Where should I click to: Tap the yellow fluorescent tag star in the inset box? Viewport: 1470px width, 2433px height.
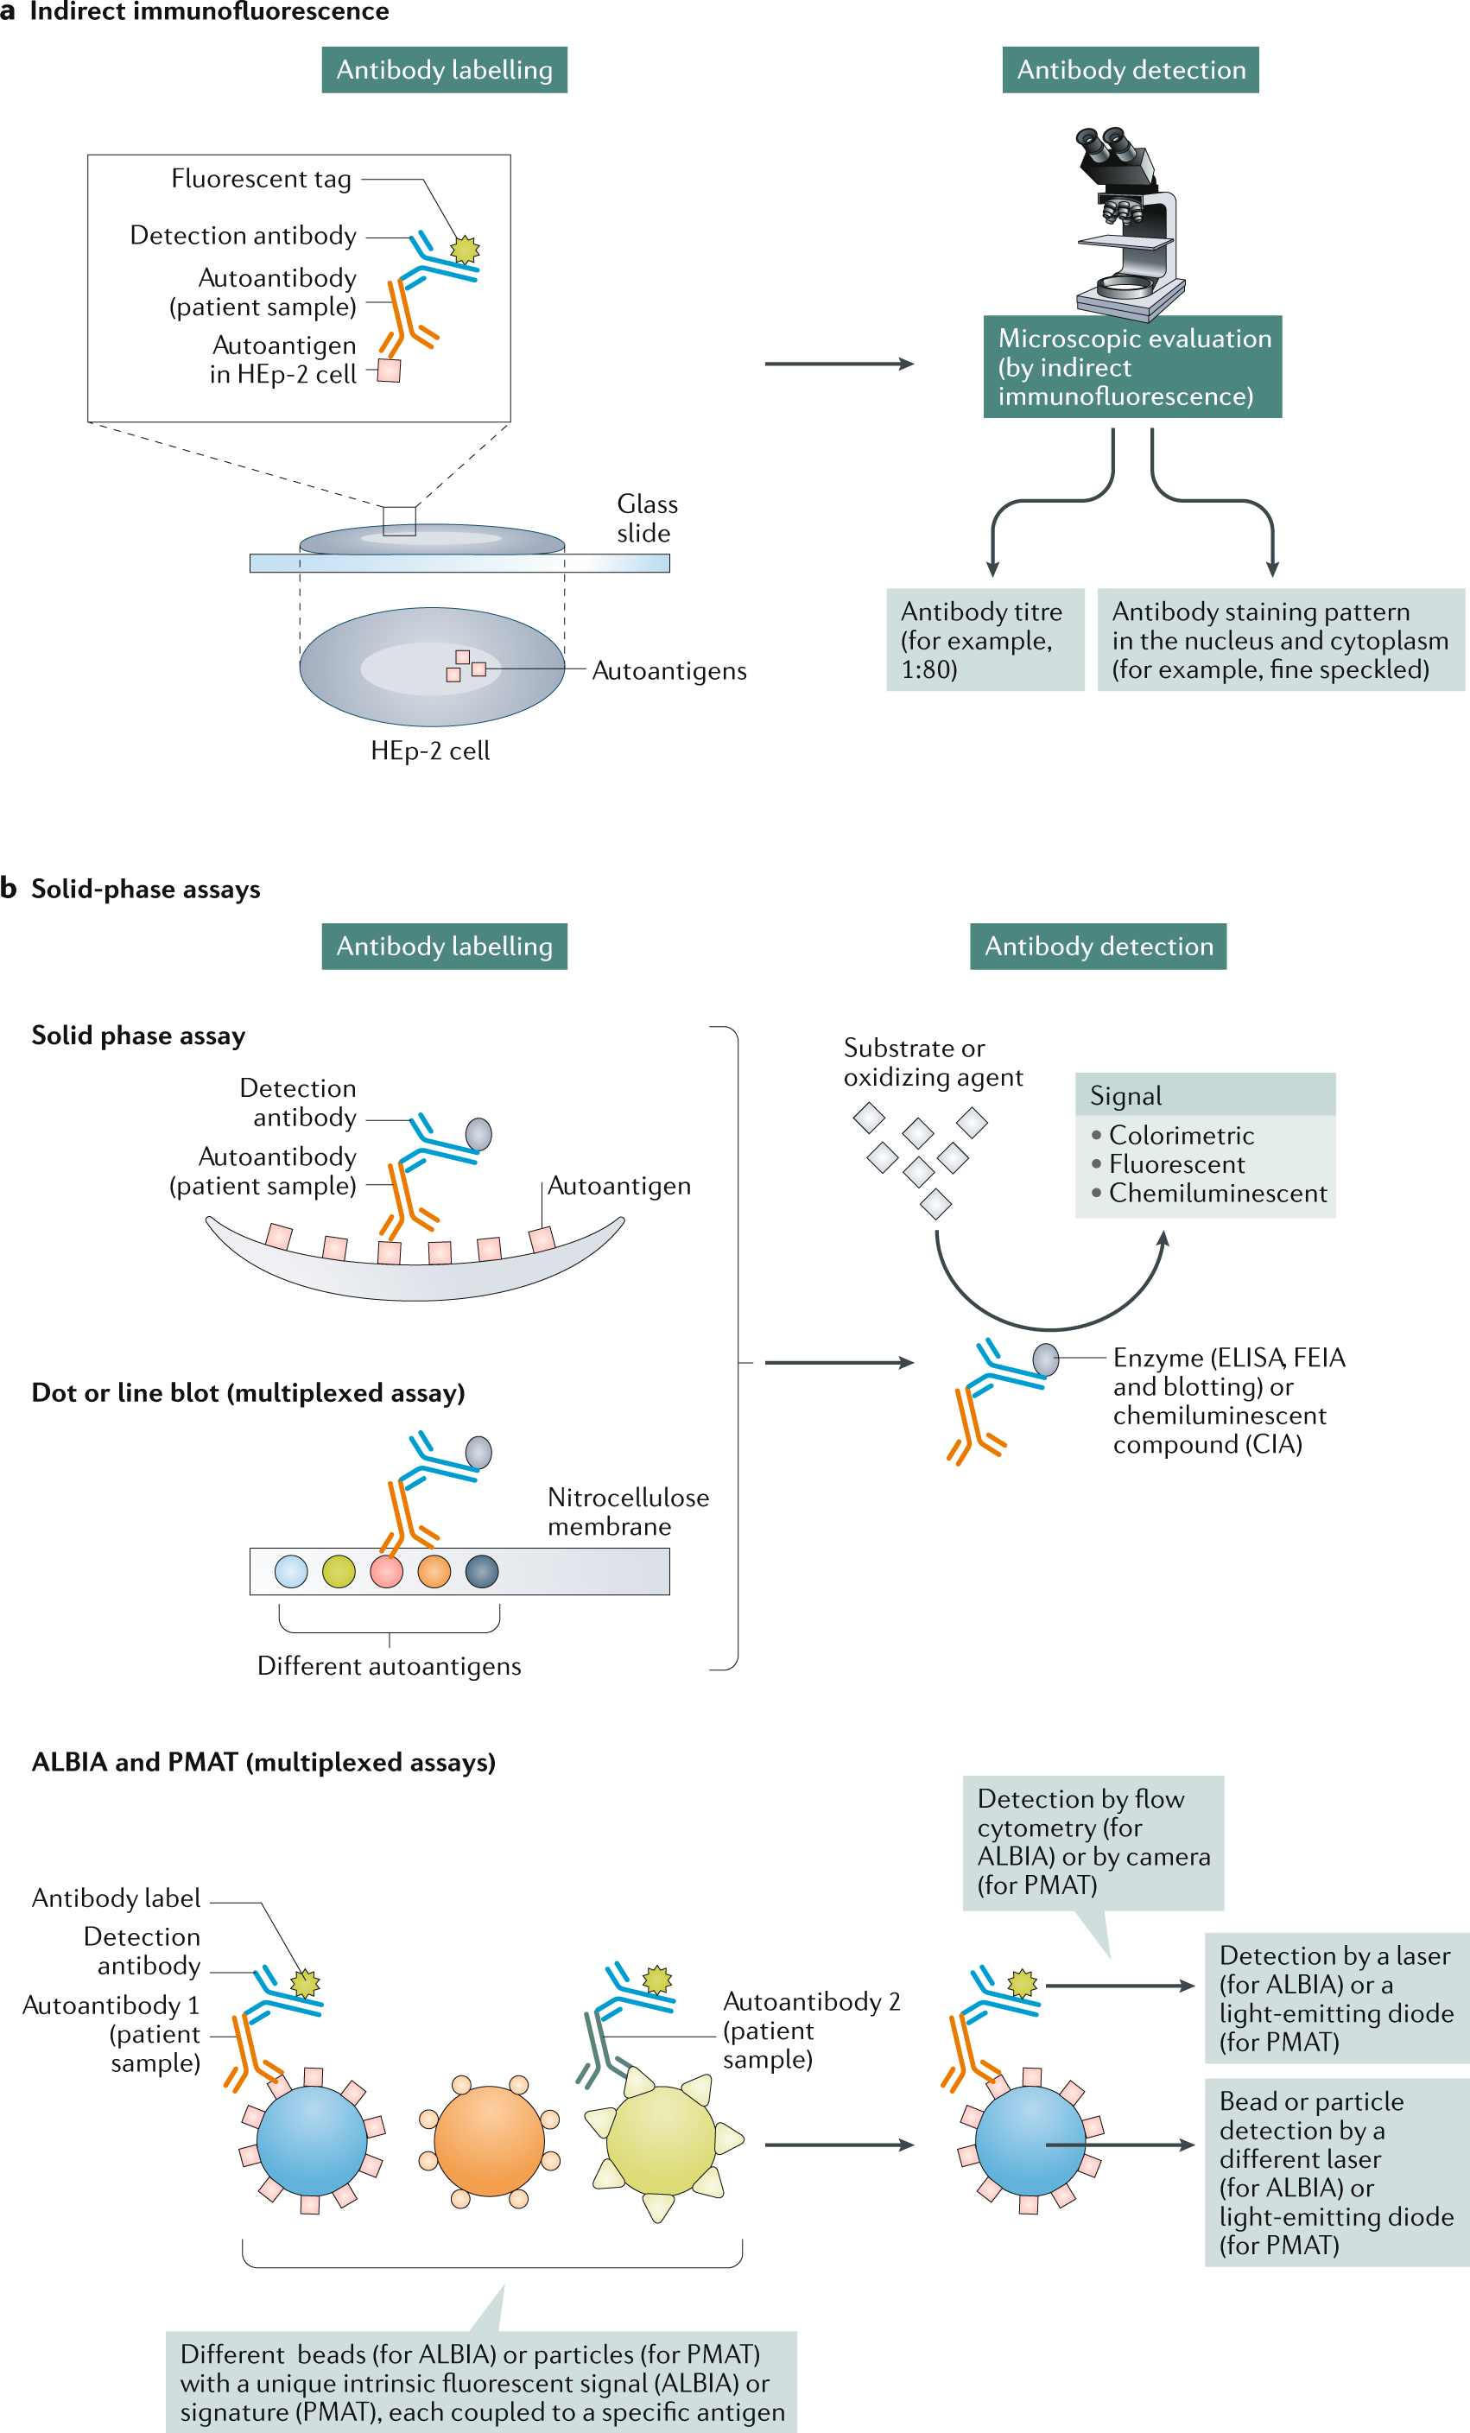click(464, 250)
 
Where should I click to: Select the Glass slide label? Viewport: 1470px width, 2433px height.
click(647, 518)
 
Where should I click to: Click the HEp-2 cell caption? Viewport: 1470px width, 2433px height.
click(429, 751)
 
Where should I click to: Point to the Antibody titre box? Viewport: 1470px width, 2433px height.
click(985, 640)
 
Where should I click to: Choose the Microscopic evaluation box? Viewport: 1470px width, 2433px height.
click(1132, 366)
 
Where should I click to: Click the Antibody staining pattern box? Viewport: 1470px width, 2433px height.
click(1281, 640)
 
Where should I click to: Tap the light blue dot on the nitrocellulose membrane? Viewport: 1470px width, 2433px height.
click(291, 1571)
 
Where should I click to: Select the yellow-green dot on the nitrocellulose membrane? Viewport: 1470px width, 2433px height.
click(339, 1571)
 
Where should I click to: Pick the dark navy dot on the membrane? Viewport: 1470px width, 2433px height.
click(482, 1571)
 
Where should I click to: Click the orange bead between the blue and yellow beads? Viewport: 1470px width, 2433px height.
click(489, 2141)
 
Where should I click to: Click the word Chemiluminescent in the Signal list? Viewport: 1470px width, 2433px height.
click(1217, 1193)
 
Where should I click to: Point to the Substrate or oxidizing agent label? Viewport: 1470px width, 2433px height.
click(933, 1062)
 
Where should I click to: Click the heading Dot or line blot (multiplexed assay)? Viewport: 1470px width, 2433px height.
click(248, 1392)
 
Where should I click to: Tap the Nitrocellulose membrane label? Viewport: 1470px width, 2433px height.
click(628, 1511)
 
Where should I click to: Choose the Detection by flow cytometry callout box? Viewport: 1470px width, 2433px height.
click(1093, 1842)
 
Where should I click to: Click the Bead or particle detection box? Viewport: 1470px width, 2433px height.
click(1337, 2172)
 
